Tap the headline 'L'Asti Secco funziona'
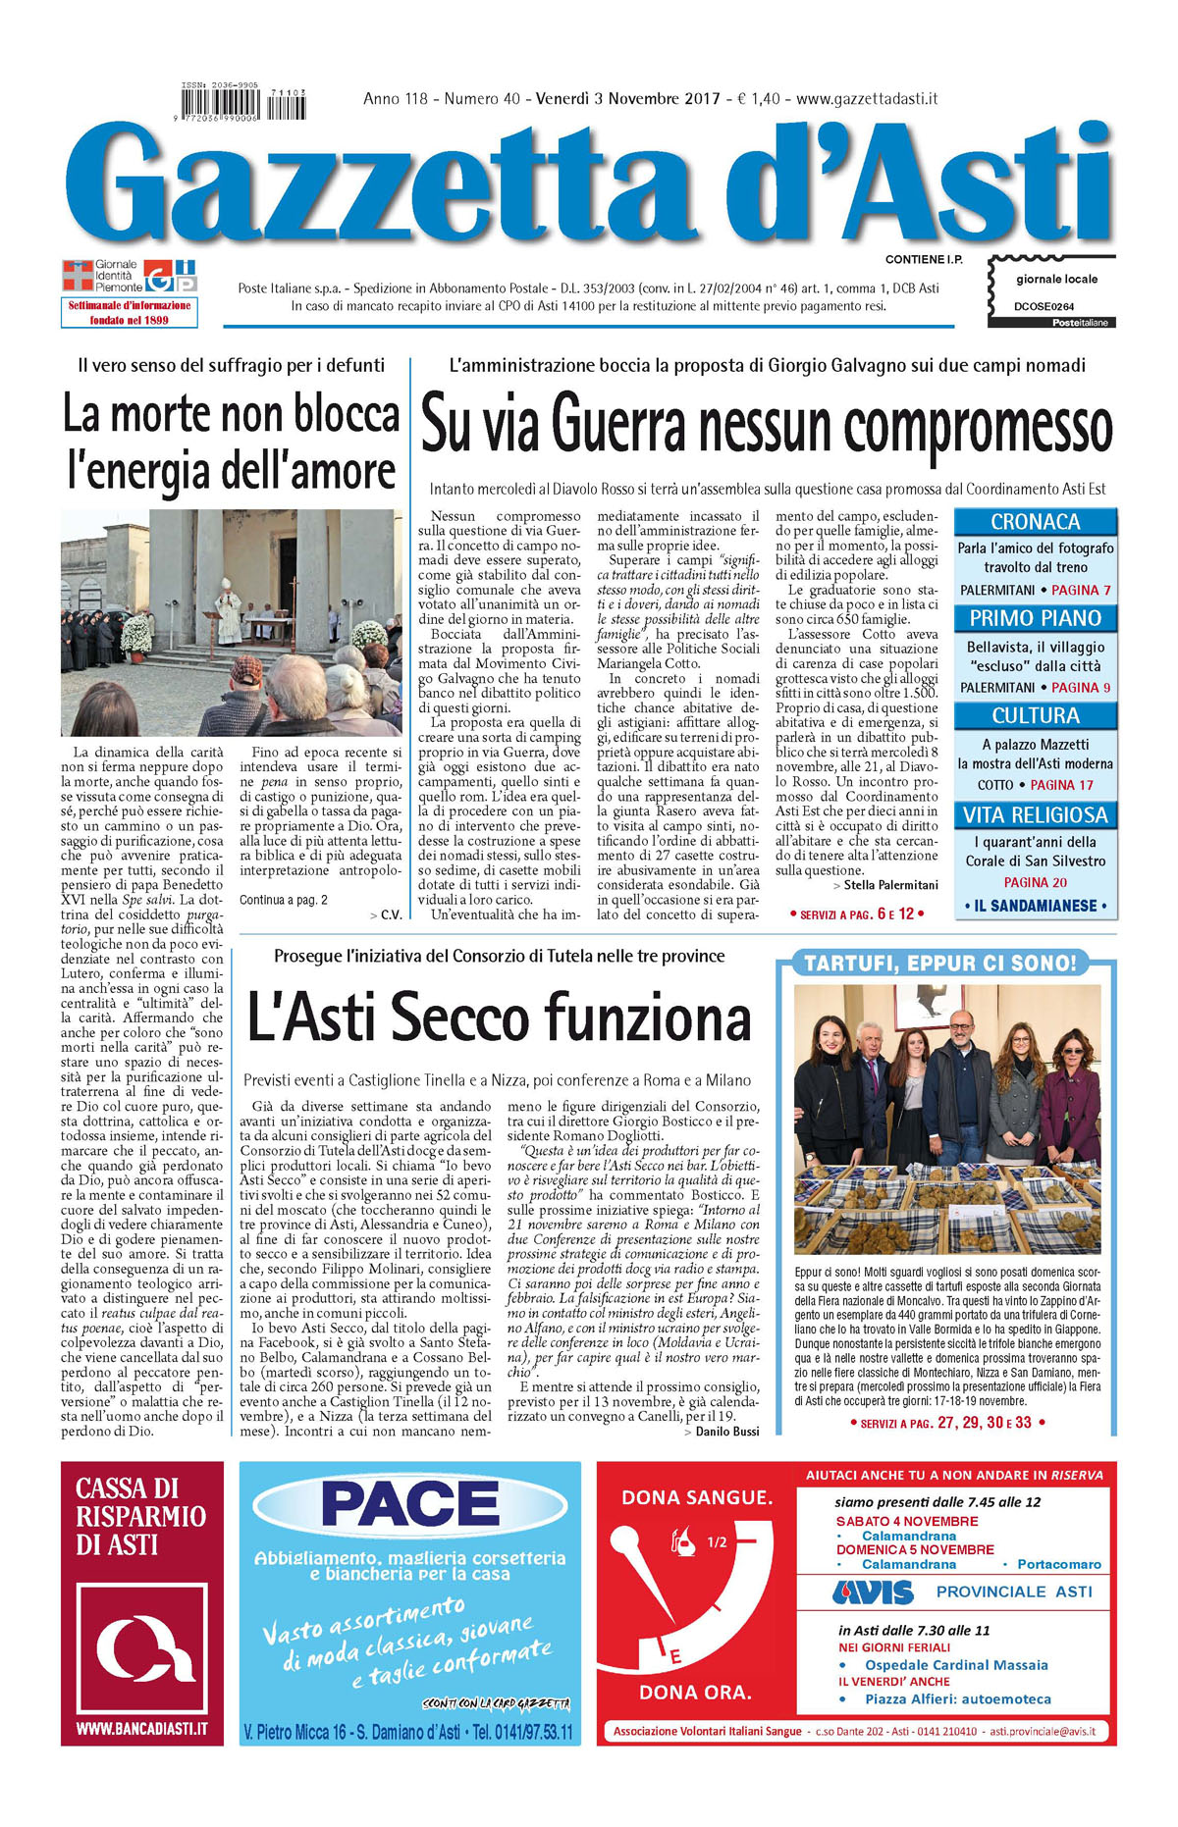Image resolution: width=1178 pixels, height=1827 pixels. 499,1017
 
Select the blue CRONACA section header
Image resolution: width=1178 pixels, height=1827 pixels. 1035,522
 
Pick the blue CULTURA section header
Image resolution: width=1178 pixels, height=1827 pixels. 1035,715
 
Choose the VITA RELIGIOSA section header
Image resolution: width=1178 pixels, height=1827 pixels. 1035,814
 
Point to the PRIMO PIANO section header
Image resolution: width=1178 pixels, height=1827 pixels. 1035,618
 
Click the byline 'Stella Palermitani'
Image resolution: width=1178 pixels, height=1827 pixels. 890,885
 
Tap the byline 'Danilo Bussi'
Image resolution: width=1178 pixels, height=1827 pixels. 727,1432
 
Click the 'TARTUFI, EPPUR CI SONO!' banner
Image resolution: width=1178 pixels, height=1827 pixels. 939,964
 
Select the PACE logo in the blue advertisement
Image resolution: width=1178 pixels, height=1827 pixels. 410,1505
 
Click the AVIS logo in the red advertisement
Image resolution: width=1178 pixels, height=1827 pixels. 873,1592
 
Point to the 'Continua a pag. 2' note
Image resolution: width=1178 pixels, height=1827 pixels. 284,900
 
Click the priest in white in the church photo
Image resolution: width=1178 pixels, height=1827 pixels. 230,608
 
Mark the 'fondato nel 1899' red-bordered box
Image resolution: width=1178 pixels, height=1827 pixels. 129,312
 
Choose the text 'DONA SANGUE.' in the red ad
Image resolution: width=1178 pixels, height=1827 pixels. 697,1497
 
